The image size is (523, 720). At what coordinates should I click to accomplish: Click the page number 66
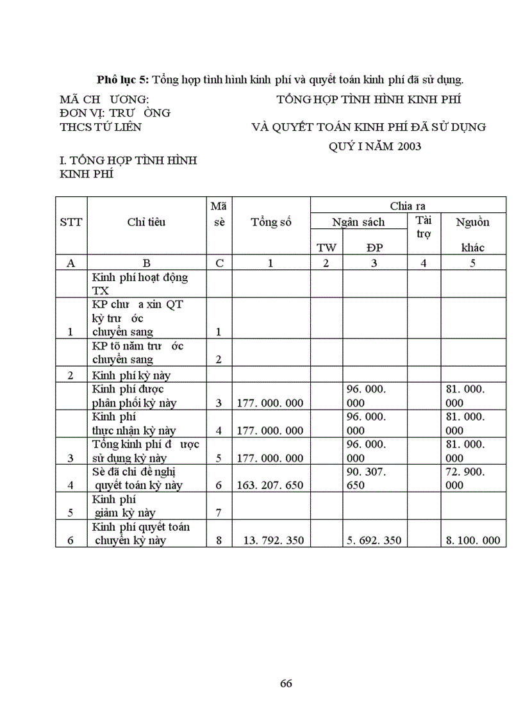click(286, 683)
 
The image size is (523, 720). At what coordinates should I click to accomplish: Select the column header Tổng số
click(270, 222)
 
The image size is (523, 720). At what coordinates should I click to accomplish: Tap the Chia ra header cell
click(408, 205)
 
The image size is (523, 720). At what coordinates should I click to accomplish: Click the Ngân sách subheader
click(358, 222)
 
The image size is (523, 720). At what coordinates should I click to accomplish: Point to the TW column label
click(326, 247)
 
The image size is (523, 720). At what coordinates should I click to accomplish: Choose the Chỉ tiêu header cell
click(146, 222)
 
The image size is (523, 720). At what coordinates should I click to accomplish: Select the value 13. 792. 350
click(273, 540)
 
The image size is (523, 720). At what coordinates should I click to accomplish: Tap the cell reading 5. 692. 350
click(374, 540)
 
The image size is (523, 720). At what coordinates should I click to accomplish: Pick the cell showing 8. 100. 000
click(473, 540)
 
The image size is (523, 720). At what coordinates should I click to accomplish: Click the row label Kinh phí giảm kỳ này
click(124, 506)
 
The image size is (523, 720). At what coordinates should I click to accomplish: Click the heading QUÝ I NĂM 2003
click(375, 146)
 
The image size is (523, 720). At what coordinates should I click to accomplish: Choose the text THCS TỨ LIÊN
click(101, 127)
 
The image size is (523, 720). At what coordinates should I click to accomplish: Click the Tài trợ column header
click(423, 227)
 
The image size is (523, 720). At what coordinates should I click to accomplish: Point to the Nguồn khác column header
click(473, 235)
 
